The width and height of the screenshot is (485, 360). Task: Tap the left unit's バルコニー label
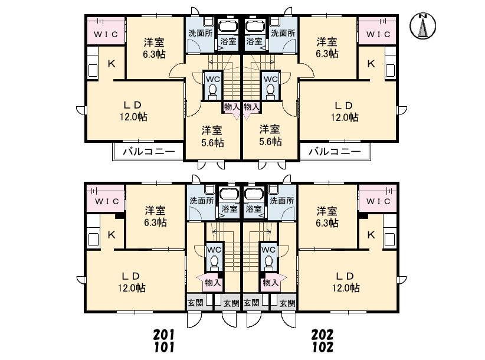(149, 152)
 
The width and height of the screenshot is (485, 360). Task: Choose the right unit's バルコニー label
(334, 152)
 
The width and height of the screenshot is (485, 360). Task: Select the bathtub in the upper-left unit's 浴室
(227, 27)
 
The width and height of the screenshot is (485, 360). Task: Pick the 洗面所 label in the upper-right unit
(283, 34)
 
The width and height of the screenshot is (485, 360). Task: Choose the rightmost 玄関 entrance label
(287, 303)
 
